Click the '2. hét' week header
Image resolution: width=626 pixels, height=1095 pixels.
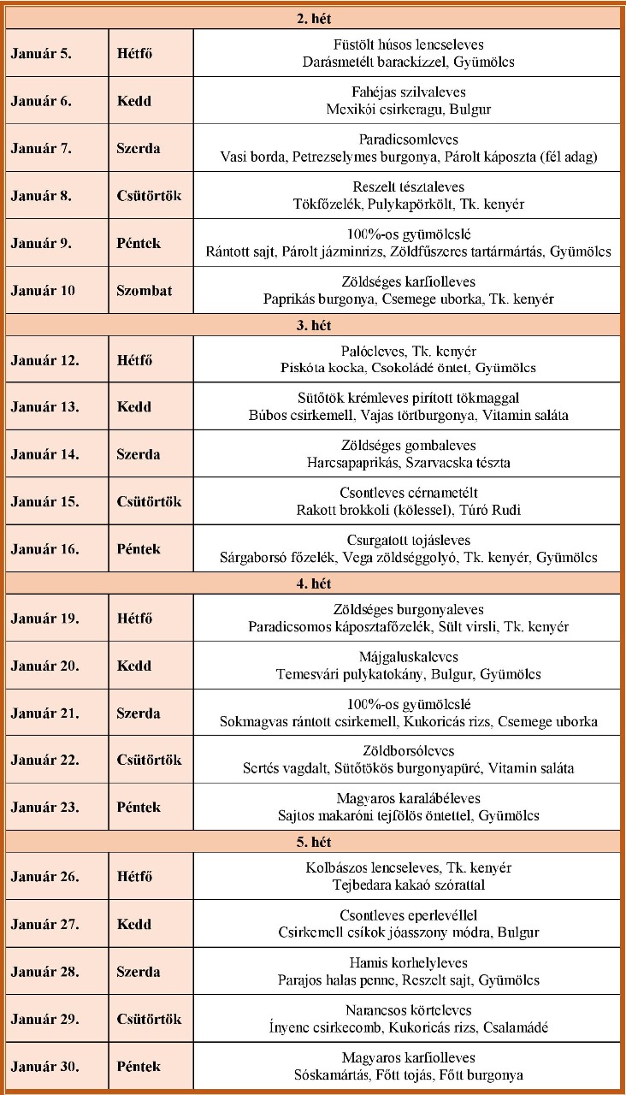tap(313, 18)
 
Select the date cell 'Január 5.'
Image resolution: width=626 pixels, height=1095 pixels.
tap(42, 53)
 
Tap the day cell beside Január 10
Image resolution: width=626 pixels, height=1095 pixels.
tap(144, 290)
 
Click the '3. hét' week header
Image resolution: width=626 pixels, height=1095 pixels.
tap(313, 325)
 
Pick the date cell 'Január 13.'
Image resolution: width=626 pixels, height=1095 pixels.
tap(45, 407)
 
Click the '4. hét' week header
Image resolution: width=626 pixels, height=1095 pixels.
tap(313, 583)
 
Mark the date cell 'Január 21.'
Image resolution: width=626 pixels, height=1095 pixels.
tap(45, 713)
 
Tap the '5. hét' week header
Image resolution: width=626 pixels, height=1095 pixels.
tap(313, 842)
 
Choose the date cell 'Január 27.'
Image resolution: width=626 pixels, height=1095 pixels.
tap(45, 924)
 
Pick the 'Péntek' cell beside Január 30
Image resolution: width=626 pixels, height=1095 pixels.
tap(139, 1066)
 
